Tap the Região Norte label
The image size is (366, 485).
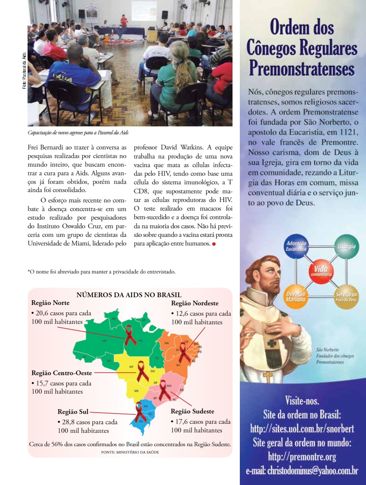coord(50,303)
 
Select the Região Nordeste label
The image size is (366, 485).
coord(195,303)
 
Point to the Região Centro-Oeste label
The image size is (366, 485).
coord(62,373)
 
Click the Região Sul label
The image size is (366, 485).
coord(73,412)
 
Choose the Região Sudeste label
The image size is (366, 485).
coord(192,411)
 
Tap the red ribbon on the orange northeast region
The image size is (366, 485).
coord(184,352)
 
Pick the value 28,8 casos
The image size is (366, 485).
coord(76,422)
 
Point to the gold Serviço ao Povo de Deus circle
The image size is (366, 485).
coord(346,296)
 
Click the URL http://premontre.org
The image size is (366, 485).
coord(302,456)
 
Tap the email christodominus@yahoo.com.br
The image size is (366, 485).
coord(302,470)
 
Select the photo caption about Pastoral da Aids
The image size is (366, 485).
coord(78,132)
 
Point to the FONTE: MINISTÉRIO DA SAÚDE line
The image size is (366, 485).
coord(130,452)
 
